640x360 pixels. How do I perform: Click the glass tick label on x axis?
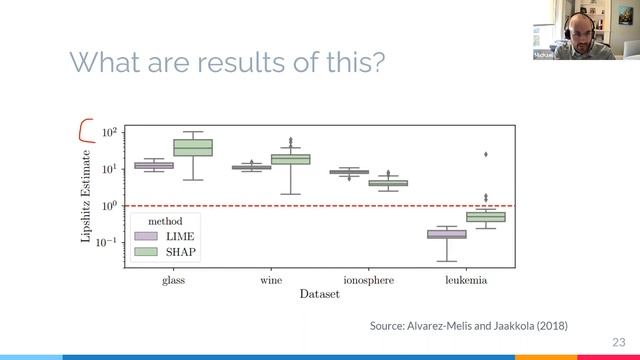tap(174, 281)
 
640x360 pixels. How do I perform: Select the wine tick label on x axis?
tap(271, 281)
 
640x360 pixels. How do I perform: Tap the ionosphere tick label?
tap(368, 281)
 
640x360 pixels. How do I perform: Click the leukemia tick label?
tap(466, 281)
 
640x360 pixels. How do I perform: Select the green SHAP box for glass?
tap(193, 147)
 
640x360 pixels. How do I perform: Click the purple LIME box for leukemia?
tap(447, 234)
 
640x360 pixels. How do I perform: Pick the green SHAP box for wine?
tap(291, 159)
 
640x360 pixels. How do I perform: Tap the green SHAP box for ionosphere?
tap(388, 183)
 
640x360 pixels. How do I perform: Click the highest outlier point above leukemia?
tap(486, 154)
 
